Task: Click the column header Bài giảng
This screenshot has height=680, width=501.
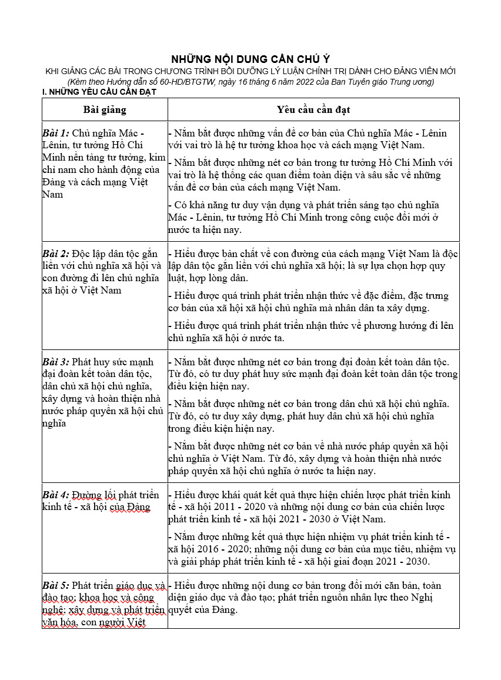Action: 105,109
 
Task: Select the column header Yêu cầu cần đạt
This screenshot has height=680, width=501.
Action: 313,109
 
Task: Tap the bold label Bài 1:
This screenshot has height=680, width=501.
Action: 56,133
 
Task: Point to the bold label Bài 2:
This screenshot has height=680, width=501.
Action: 56,254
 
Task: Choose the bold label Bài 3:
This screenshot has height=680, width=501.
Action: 56,361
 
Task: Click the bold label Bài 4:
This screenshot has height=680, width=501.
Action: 56,495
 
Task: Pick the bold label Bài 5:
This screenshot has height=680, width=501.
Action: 56,585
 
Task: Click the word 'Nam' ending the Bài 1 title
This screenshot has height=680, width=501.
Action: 52,195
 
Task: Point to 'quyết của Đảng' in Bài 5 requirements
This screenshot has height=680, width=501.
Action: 203,610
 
